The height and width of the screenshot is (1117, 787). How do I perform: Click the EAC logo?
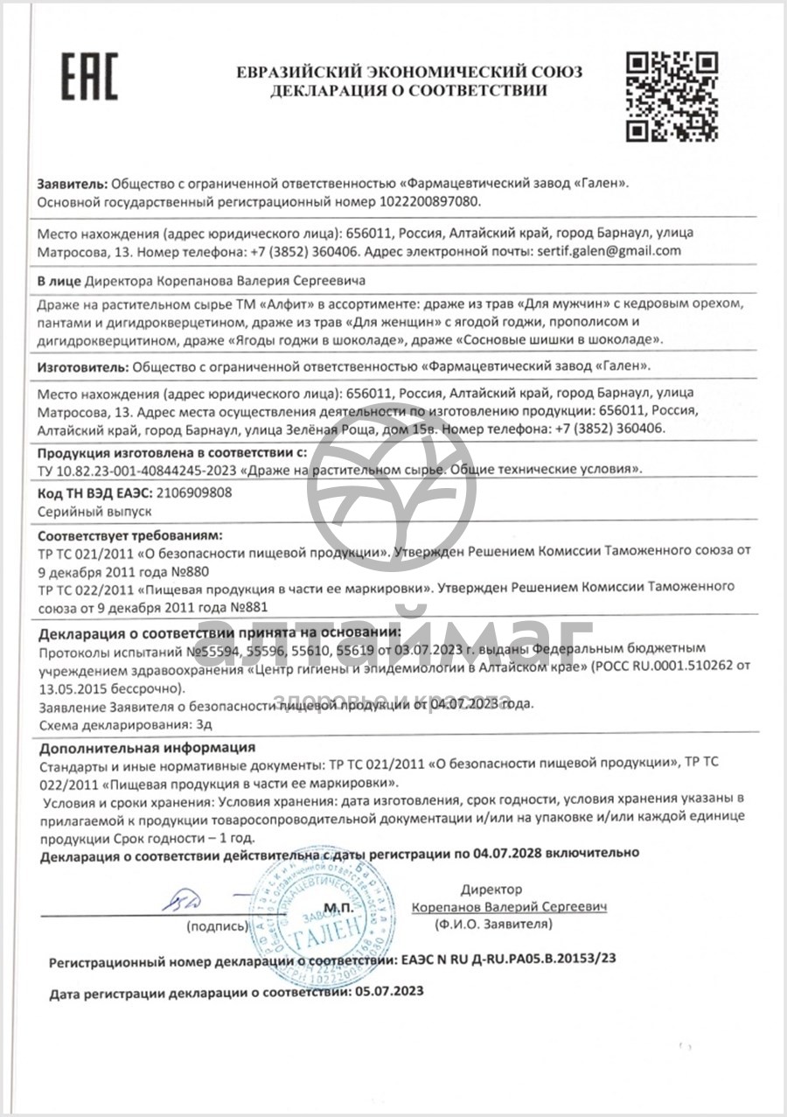[87, 76]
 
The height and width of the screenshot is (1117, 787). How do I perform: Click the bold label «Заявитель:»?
[73, 184]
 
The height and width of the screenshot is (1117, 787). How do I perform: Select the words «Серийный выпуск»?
[83, 510]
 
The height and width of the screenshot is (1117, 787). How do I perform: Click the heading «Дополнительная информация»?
[147, 748]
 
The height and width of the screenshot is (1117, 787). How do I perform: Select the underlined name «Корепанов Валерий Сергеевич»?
[509, 907]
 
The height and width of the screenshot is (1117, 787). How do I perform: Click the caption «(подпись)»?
[218, 925]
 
